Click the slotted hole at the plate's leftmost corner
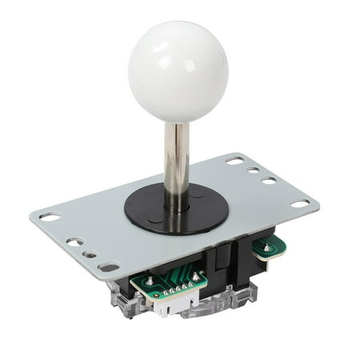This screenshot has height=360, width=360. pyautogui.click(x=50, y=216)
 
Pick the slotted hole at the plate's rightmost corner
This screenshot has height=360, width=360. pyautogui.click(x=300, y=204)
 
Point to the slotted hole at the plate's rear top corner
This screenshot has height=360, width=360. pyautogui.click(x=234, y=161)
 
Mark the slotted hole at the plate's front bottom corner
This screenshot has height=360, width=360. pyautogui.click(x=109, y=267)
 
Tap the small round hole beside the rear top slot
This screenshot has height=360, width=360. pyautogui.click(x=253, y=170)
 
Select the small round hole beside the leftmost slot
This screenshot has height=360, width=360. pyautogui.click(x=74, y=241)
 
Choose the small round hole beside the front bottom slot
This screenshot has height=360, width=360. pyautogui.click(x=90, y=254)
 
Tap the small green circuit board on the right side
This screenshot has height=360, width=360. pyautogui.click(x=268, y=247)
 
